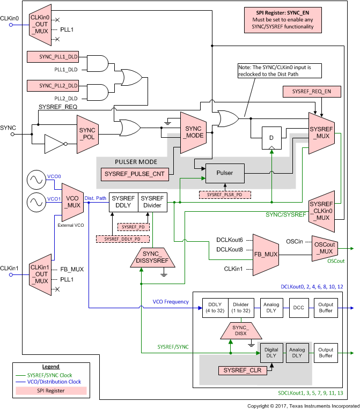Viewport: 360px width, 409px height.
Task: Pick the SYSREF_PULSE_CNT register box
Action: click(x=134, y=174)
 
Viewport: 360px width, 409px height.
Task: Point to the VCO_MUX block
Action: click(x=72, y=202)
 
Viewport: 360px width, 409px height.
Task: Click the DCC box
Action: click(x=298, y=308)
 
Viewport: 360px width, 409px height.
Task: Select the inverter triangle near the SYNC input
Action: click(x=54, y=144)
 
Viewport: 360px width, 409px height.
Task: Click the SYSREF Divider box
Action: click(x=153, y=202)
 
